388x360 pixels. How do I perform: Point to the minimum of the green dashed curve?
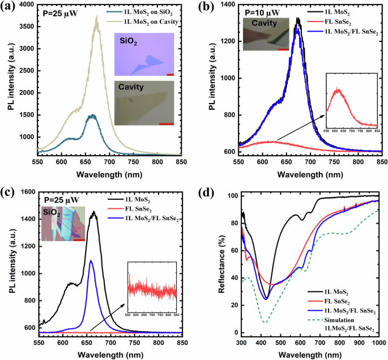point(248,323)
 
